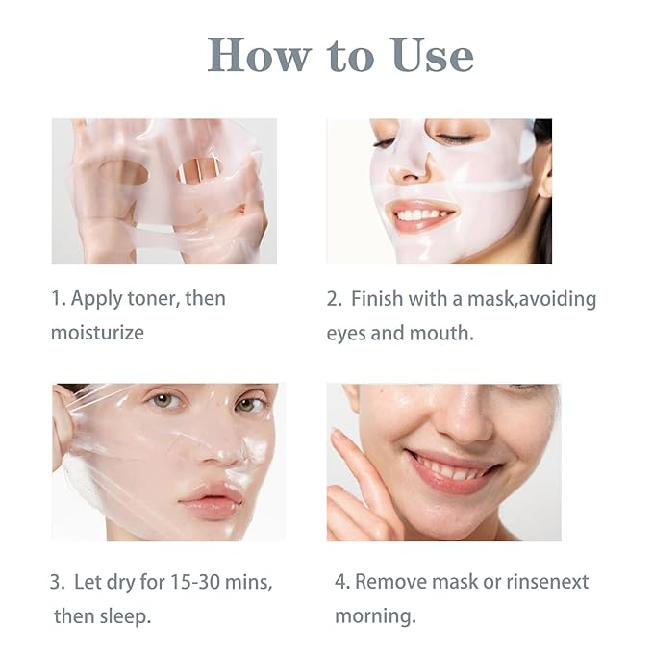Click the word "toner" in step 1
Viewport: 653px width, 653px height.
tap(153, 298)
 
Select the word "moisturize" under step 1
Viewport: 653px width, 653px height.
tap(97, 333)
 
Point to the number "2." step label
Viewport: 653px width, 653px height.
tap(335, 299)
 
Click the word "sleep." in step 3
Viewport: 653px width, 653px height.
tap(128, 615)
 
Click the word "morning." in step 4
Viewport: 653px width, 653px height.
tap(375, 615)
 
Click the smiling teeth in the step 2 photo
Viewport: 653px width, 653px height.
tap(421, 213)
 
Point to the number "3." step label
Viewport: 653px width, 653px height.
tap(58, 582)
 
